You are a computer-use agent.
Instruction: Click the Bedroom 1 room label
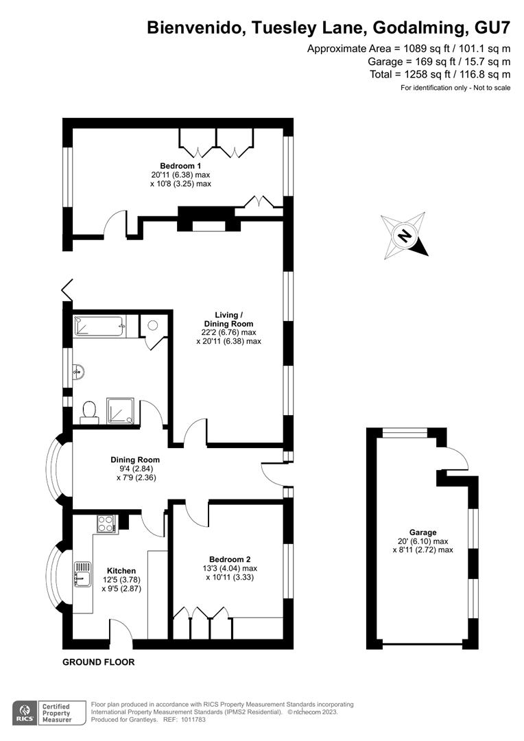click(x=180, y=166)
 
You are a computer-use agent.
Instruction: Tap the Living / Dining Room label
click(x=228, y=320)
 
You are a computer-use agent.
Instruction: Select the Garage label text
click(x=423, y=532)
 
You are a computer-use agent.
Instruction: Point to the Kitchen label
click(x=121, y=571)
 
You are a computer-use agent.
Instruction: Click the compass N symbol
click(x=404, y=235)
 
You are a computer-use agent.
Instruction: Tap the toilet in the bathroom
click(x=89, y=412)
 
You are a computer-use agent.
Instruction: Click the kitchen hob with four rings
click(x=107, y=524)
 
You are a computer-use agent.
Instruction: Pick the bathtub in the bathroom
click(x=99, y=326)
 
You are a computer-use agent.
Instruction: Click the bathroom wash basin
click(x=79, y=372)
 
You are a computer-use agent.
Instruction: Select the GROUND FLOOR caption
click(x=99, y=662)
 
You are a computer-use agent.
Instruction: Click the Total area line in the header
click(x=440, y=74)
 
